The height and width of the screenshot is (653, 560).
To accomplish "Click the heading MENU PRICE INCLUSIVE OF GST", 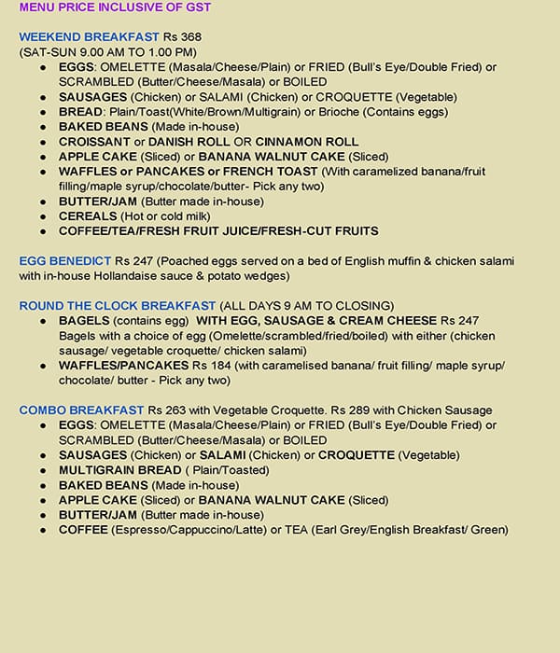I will click(115, 7).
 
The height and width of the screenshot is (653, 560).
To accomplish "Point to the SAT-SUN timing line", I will click(108, 51).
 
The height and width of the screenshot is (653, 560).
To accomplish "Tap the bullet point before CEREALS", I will click(44, 216).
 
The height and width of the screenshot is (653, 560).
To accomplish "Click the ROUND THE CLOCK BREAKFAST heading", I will click(117, 306).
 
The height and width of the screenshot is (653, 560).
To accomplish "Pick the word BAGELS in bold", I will click(85, 321).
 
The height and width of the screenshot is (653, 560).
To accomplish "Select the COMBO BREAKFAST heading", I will click(81, 410).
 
